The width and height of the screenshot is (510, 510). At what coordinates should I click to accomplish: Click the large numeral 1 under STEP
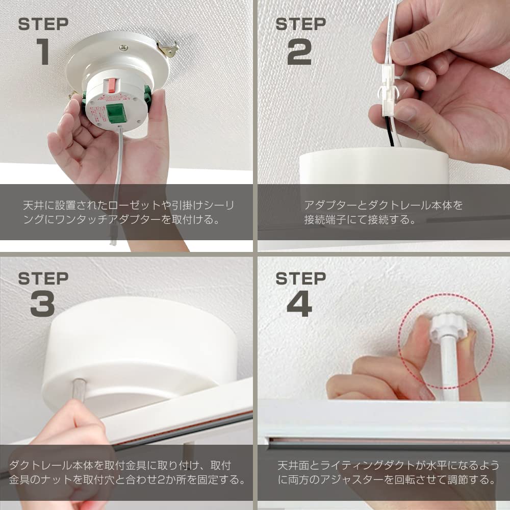pos(43,52)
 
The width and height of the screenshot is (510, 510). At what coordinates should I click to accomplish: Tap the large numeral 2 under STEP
pos(299,52)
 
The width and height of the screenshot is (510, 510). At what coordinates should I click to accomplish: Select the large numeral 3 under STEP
pos(43,303)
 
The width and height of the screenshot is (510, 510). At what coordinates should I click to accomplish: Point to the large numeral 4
pos(299,303)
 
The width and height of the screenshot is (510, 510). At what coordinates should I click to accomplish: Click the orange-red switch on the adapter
pos(111,85)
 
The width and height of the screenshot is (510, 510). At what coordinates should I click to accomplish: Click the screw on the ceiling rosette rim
pos(123,48)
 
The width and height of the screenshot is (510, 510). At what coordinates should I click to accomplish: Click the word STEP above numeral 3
pos(43,278)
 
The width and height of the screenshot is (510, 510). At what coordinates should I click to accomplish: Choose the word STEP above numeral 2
pos(300,24)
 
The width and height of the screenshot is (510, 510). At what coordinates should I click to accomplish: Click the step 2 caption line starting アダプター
pos(383,205)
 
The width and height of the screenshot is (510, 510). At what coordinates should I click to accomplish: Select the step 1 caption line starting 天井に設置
pos(129,205)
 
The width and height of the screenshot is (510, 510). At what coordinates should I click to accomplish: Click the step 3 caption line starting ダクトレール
pos(120,466)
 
